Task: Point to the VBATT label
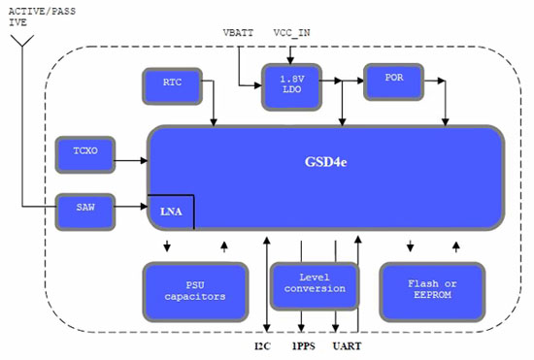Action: pyautogui.click(x=238, y=33)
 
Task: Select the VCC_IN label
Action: pyautogui.click(x=292, y=33)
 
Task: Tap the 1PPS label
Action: pyautogui.click(x=302, y=344)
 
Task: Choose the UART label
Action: pyautogui.click(x=347, y=344)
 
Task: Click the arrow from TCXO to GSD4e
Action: pyautogui.click(x=131, y=152)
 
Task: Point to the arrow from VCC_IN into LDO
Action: pyautogui.click(x=290, y=55)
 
